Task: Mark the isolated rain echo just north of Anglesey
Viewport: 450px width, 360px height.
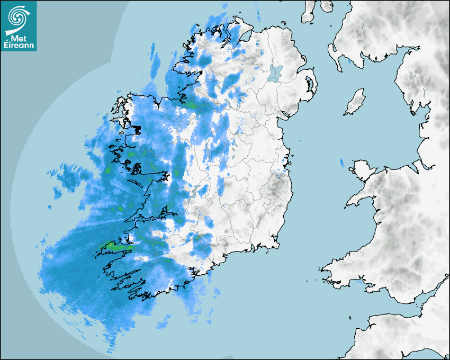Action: (x=342, y=163)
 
